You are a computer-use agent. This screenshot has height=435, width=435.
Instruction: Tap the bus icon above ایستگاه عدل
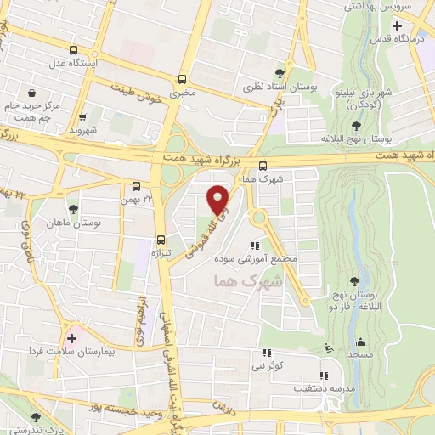pyautogui.click(x=73, y=49)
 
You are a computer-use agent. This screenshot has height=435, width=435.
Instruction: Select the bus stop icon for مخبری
pyautogui.click(x=183, y=79)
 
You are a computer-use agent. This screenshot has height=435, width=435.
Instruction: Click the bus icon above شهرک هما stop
pyautogui.click(x=262, y=167)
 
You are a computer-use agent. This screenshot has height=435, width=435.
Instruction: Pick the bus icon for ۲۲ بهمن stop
pyautogui.click(x=136, y=186)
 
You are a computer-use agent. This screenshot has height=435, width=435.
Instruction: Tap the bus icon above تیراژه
pyautogui.click(x=161, y=240)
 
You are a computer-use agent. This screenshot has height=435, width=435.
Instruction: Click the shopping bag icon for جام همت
pyautogui.click(x=31, y=93)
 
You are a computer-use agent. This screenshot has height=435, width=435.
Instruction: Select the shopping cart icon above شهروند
pyautogui.click(x=83, y=118)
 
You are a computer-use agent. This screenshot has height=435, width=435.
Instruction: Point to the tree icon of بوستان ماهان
pyautogui.click(x=74, y=208)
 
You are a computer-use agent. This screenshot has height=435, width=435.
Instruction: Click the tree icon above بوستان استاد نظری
pyautogui.click(x=303, y=74)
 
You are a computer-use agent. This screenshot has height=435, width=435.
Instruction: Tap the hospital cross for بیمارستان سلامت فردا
pyautogui.click(x=71, y=338)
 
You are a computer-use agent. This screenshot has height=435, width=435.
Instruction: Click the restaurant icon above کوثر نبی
pyautogui.click(x=267, y=353)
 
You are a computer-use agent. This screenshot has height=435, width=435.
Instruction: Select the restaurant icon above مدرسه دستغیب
pyautogui.click(x=322, y=375)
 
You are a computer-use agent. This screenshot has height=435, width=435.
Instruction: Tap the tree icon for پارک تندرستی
pyautogui.click(x=35, y=417)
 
